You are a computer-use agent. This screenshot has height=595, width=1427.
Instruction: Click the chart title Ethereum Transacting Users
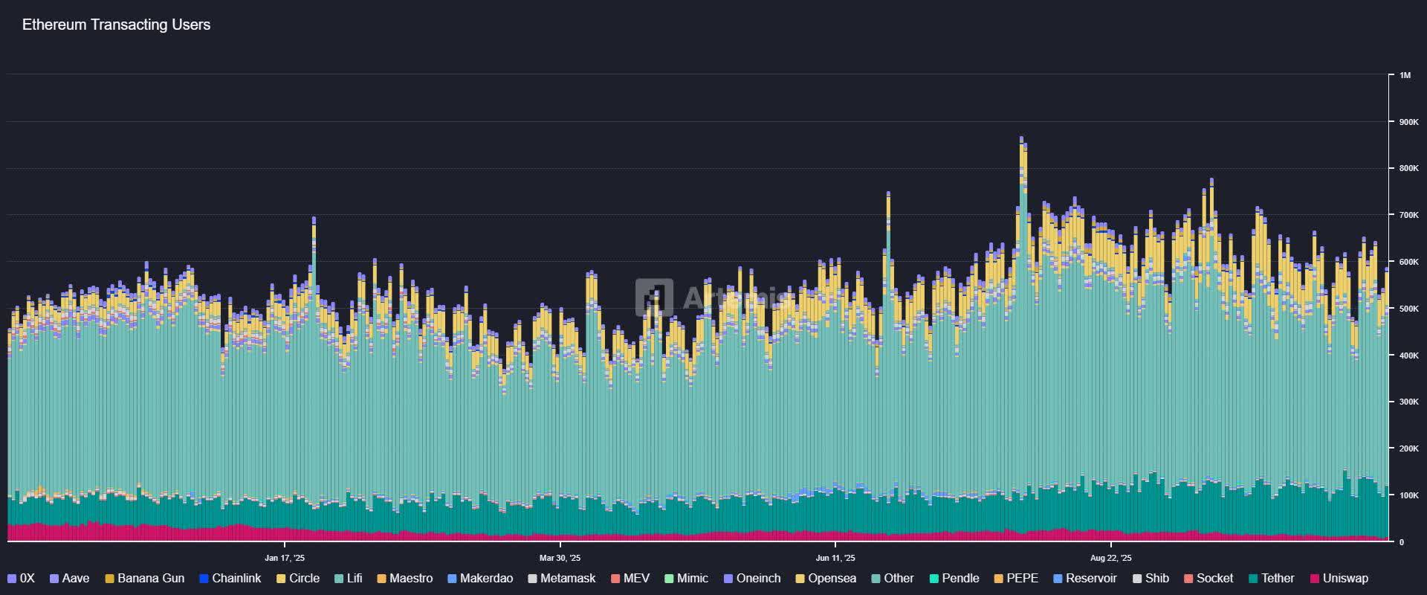point(116,25)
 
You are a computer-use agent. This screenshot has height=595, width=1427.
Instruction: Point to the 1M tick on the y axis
point(1405,75)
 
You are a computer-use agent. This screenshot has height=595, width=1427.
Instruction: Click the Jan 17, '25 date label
point(284,558)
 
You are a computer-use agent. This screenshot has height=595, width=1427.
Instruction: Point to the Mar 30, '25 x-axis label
point(560,558)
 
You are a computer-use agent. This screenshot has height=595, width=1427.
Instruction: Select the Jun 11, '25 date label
point(835,558)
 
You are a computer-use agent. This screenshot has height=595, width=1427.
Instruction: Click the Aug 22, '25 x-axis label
point(1110,558)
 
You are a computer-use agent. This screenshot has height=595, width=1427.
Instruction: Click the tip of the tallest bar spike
point(1021,138)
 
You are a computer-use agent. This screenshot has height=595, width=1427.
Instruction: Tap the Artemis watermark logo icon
point(654,297)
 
